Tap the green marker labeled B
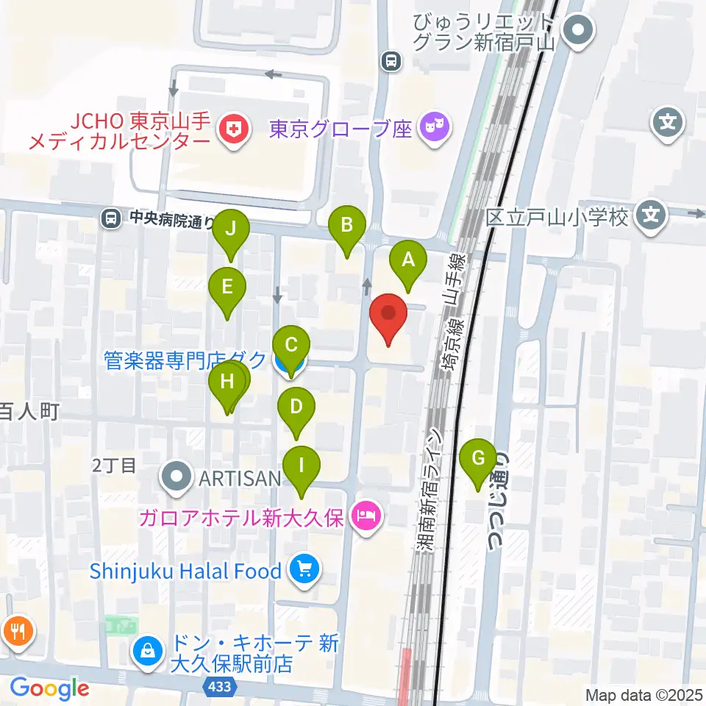coord(347,225)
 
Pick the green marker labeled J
coord(231,229)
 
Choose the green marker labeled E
coord(227,286)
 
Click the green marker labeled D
coord(296,407)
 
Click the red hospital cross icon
coord(234,131)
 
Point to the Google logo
coord(49,688)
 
